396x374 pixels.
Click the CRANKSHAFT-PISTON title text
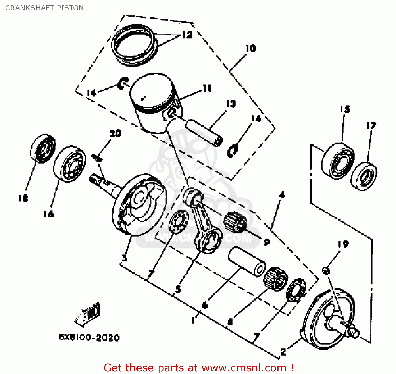click(x=44, y=8)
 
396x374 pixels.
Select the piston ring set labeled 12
click(x=133, y=45)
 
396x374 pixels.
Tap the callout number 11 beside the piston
click(x=207, y=88)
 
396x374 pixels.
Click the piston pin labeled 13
click(x=204, y=132)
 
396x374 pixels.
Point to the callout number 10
click(x=251, y=48)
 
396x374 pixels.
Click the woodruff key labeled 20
click(x=97, y=158)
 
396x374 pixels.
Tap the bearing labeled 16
click(x=70, y=164)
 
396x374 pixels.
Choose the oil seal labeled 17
click(x=364, y=176)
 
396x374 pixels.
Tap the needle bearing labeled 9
click(x=235, y=222)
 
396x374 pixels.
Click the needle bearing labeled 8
click(x=276, y=278)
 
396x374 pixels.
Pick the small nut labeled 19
click(x=326, y=270)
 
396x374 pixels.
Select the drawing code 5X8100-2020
click(x=89, y=338)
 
